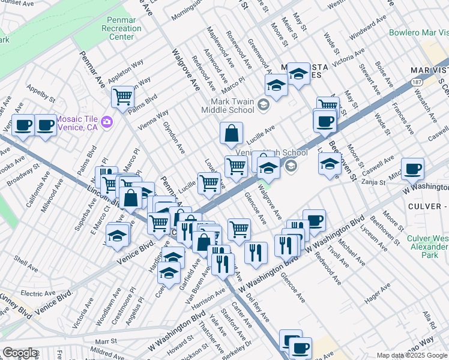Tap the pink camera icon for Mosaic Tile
click(x=107, y=122)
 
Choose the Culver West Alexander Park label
click(x=427, y=247)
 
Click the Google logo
click(x=20, y=353)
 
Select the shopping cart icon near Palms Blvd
click(x=122, y=96)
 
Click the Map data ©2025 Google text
click(x=411, y=355)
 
